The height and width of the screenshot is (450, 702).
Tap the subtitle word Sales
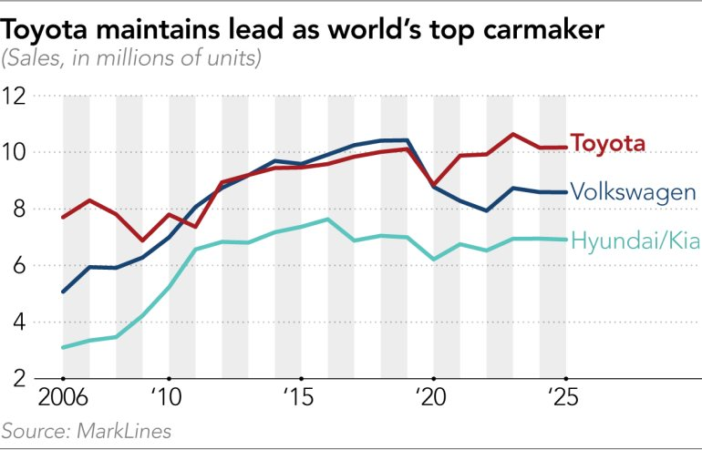tap(34, 60)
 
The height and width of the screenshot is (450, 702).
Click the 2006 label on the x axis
tap(62, 400)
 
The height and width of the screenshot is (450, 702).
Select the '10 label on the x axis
tap(169, 400)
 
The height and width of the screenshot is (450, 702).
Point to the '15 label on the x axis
tap(301, 400)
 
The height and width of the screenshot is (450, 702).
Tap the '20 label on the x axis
tap(433, 400)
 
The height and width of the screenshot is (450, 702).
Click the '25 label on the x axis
tap(565, 400)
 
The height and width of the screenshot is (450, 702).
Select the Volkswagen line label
tap(634, 191)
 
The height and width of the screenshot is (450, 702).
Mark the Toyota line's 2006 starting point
tap(62, 217)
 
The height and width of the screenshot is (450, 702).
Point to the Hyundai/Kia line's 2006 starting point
tap(62, 347)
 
